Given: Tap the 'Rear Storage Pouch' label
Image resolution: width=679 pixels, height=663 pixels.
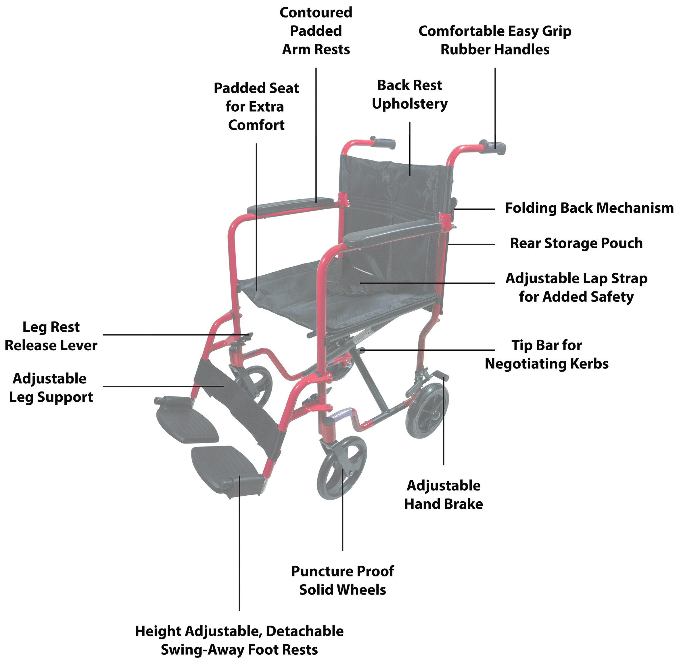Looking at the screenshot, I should pyautogui.click(x=576, y=243).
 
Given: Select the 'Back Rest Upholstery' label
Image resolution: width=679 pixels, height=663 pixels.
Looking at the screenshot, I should pyautogui.click(x=410, y=95).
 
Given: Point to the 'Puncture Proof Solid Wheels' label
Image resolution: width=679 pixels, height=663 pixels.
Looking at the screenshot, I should pyautogui.click(x=342, y=580).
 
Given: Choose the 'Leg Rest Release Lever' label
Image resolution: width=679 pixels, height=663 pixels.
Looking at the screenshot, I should pyautogui.click(x=51, y=336).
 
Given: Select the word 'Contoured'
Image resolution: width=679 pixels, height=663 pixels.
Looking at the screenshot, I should pyautogui.click(x=316, y=13).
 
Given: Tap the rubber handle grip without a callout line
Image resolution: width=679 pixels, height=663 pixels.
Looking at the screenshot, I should pyautogui.click(x=383, y=143).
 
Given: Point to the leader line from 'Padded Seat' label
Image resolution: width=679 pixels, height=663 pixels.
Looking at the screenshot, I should pyautogui.click(x=256, y=216).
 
